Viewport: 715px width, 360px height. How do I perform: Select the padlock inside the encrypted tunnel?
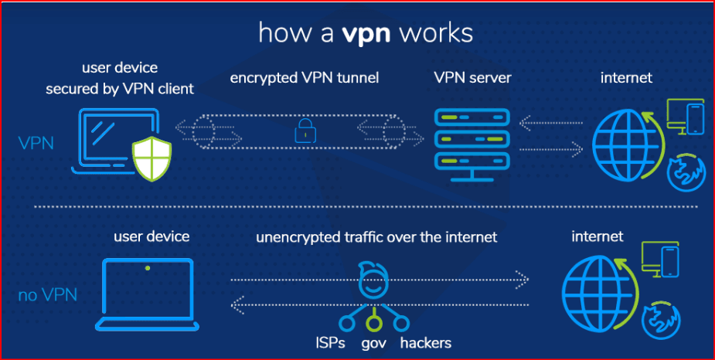pyautogui.click(x=302, y=131)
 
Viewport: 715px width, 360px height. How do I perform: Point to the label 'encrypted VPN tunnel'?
pyautogui.click(x=305, y=78)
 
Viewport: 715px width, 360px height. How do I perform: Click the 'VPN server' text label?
pyautogui.click(x=472, y=78)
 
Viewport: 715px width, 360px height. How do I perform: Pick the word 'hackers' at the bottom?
pyautogui.click(x=426, y=341)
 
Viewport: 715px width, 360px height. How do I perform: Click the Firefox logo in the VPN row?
pyautogui.click(x=683, y=172)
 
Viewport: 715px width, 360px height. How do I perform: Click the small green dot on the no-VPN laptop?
pyautogui.click(x=148, y=268)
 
